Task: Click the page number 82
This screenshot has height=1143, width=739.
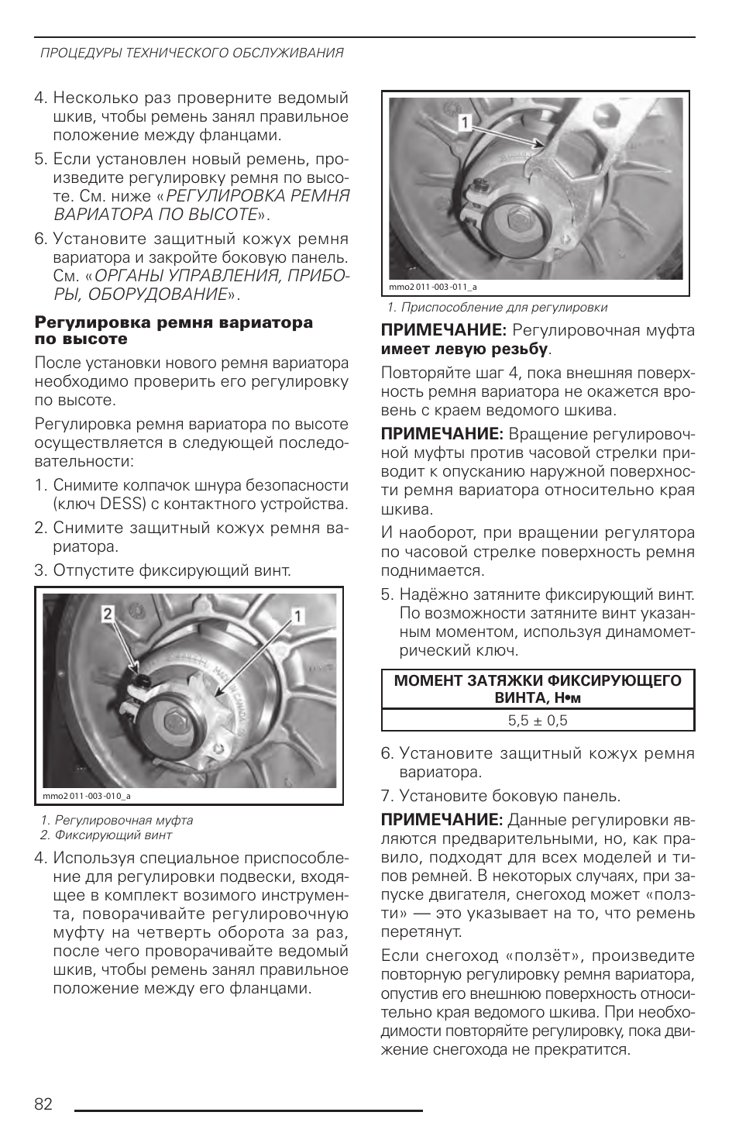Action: (43, 1104)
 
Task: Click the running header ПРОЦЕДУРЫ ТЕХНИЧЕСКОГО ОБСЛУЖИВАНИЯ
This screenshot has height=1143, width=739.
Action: (192, 53)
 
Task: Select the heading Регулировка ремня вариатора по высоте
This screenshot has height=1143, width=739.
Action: (174, 331)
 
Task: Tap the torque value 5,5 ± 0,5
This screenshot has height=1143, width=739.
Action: (538, 721)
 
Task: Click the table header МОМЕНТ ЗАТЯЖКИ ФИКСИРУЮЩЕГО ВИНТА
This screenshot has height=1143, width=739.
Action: (538, 689)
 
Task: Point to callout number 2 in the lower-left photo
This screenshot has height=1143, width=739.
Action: (108, 615)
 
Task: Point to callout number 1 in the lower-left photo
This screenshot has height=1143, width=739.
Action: (297, 616)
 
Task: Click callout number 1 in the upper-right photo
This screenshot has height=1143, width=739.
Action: (465, 122)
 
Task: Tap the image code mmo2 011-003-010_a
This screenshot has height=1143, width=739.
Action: (87, 796)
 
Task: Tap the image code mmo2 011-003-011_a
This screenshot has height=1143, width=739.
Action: (433, 287)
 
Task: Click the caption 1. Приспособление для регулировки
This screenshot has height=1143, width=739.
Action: (497, 308)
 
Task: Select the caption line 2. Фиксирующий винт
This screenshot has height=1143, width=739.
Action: (106, 835)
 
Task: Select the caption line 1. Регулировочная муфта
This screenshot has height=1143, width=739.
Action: (117, 820)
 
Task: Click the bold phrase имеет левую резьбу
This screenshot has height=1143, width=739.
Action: (464, 349)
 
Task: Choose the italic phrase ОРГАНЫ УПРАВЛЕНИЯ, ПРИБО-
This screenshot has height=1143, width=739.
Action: (222, 276)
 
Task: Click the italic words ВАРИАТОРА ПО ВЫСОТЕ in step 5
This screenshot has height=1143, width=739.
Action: (155, 215)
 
